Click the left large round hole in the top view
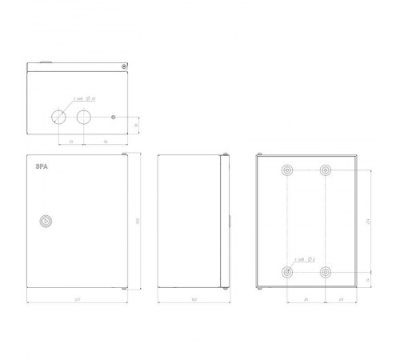click(60, 117)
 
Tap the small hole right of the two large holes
click(114, 117)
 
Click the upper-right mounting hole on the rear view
click(326, 171)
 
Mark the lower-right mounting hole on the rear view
click(326, 272)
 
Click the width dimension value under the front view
click(77, 302)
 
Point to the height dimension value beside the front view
click(137, 221)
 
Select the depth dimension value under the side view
click(194, 302)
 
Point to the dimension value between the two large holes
click(72, 142)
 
